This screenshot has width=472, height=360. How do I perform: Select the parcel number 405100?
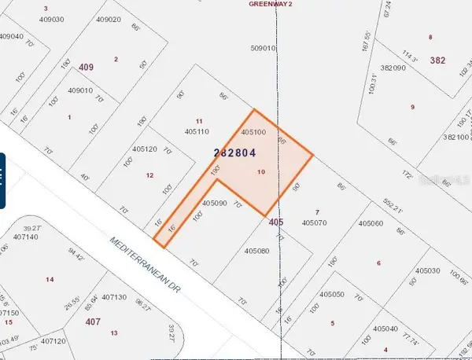[x=253, y=133]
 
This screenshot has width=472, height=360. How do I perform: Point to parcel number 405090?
[x=214, y=203]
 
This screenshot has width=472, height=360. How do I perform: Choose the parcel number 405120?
[x=145, y=149]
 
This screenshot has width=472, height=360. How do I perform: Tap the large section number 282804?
[x=234, y=152]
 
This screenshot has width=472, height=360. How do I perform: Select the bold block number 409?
[x=87, y=68]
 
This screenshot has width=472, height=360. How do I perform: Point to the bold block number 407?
[x=93, y=321]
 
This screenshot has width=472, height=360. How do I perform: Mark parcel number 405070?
[x=315, y=223]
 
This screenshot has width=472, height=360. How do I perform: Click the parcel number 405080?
[x=256, y=252]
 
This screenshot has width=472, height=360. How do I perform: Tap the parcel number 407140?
[x=26, y=237]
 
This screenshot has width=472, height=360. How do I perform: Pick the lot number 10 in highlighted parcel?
[x=261, y=171]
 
